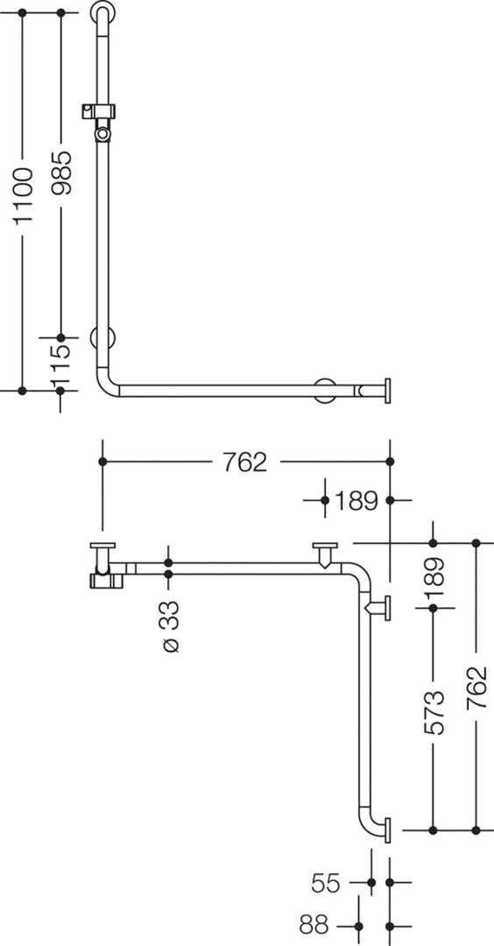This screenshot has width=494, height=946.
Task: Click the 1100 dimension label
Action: [25, 196]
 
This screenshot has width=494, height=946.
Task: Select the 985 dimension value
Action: [61, 173]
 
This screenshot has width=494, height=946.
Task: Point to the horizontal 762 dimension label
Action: [245, 462]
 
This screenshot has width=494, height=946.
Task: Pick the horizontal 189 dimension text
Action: [356, 500]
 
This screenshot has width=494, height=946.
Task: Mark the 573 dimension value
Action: [434, 712]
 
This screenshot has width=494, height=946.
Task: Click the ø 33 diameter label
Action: [171, 625]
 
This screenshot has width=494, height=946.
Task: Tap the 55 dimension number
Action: [327, 883]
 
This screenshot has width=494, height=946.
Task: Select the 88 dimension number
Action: [314, 924]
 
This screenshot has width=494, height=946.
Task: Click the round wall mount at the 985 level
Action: [102, 338]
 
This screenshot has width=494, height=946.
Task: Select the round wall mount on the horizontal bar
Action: [326, 391]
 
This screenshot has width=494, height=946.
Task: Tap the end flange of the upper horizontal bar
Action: [387, 391]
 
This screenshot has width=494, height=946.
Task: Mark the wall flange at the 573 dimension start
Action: [380, 607]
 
